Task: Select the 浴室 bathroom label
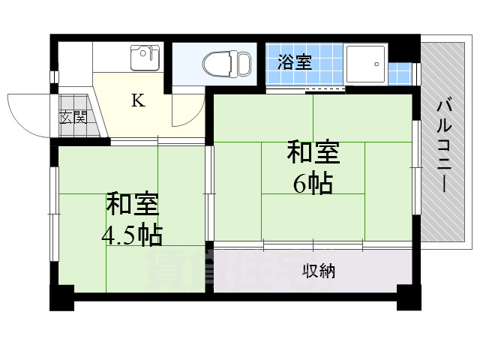[294, 62]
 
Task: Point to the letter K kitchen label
[138, 101]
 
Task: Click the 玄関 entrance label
[73, 117]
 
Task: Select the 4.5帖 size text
[132, 235]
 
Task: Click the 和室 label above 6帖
[313, 152]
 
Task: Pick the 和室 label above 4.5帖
[132, 204]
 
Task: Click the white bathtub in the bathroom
[365, 66]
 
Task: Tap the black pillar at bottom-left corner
[61, 298]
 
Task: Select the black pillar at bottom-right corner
[409, 298]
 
